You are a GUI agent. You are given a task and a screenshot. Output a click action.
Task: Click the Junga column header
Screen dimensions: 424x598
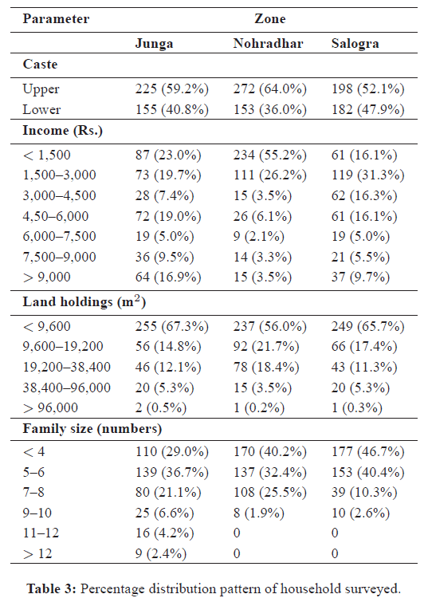pos(154,44)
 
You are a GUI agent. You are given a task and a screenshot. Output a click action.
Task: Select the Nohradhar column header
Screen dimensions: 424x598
pos(268,43)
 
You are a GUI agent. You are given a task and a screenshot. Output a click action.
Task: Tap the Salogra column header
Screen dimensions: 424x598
pos(355,44)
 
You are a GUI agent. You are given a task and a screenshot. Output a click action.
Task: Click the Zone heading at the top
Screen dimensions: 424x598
pos(270,18)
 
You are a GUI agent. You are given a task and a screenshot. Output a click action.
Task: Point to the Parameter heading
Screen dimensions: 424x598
pos(56,18)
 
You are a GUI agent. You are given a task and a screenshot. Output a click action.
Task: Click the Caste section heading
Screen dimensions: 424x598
pos(40,64)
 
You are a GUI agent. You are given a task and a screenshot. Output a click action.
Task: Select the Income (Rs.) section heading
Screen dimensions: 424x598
pos(62,131)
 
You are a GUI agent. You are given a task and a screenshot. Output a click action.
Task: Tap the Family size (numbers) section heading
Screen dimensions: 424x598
pos(92,429)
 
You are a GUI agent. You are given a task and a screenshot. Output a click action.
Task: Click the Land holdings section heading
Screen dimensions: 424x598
pos(84,301)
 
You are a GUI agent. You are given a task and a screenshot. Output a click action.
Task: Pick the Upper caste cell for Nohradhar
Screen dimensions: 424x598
pos(270,89)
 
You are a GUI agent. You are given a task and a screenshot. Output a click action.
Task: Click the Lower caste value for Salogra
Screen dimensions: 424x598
pos(368,109)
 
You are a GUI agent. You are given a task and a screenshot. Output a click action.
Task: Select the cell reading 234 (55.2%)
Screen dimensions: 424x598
pos(270,155)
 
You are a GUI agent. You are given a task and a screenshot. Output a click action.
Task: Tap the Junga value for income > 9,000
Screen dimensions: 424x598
pos(168,277)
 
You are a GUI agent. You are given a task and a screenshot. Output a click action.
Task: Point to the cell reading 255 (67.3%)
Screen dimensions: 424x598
pos(172,326)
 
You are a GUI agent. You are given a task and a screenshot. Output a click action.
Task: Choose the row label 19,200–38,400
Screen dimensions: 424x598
pos(67,367)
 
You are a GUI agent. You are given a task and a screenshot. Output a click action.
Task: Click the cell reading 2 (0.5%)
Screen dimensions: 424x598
pos(161,407)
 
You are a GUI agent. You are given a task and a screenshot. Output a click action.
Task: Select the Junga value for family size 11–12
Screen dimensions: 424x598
pos(165,533)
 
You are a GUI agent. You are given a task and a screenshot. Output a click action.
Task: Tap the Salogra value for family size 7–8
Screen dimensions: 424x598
pos(364,492)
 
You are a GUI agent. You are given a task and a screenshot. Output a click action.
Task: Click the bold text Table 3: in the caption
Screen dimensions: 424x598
pos(52,588)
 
